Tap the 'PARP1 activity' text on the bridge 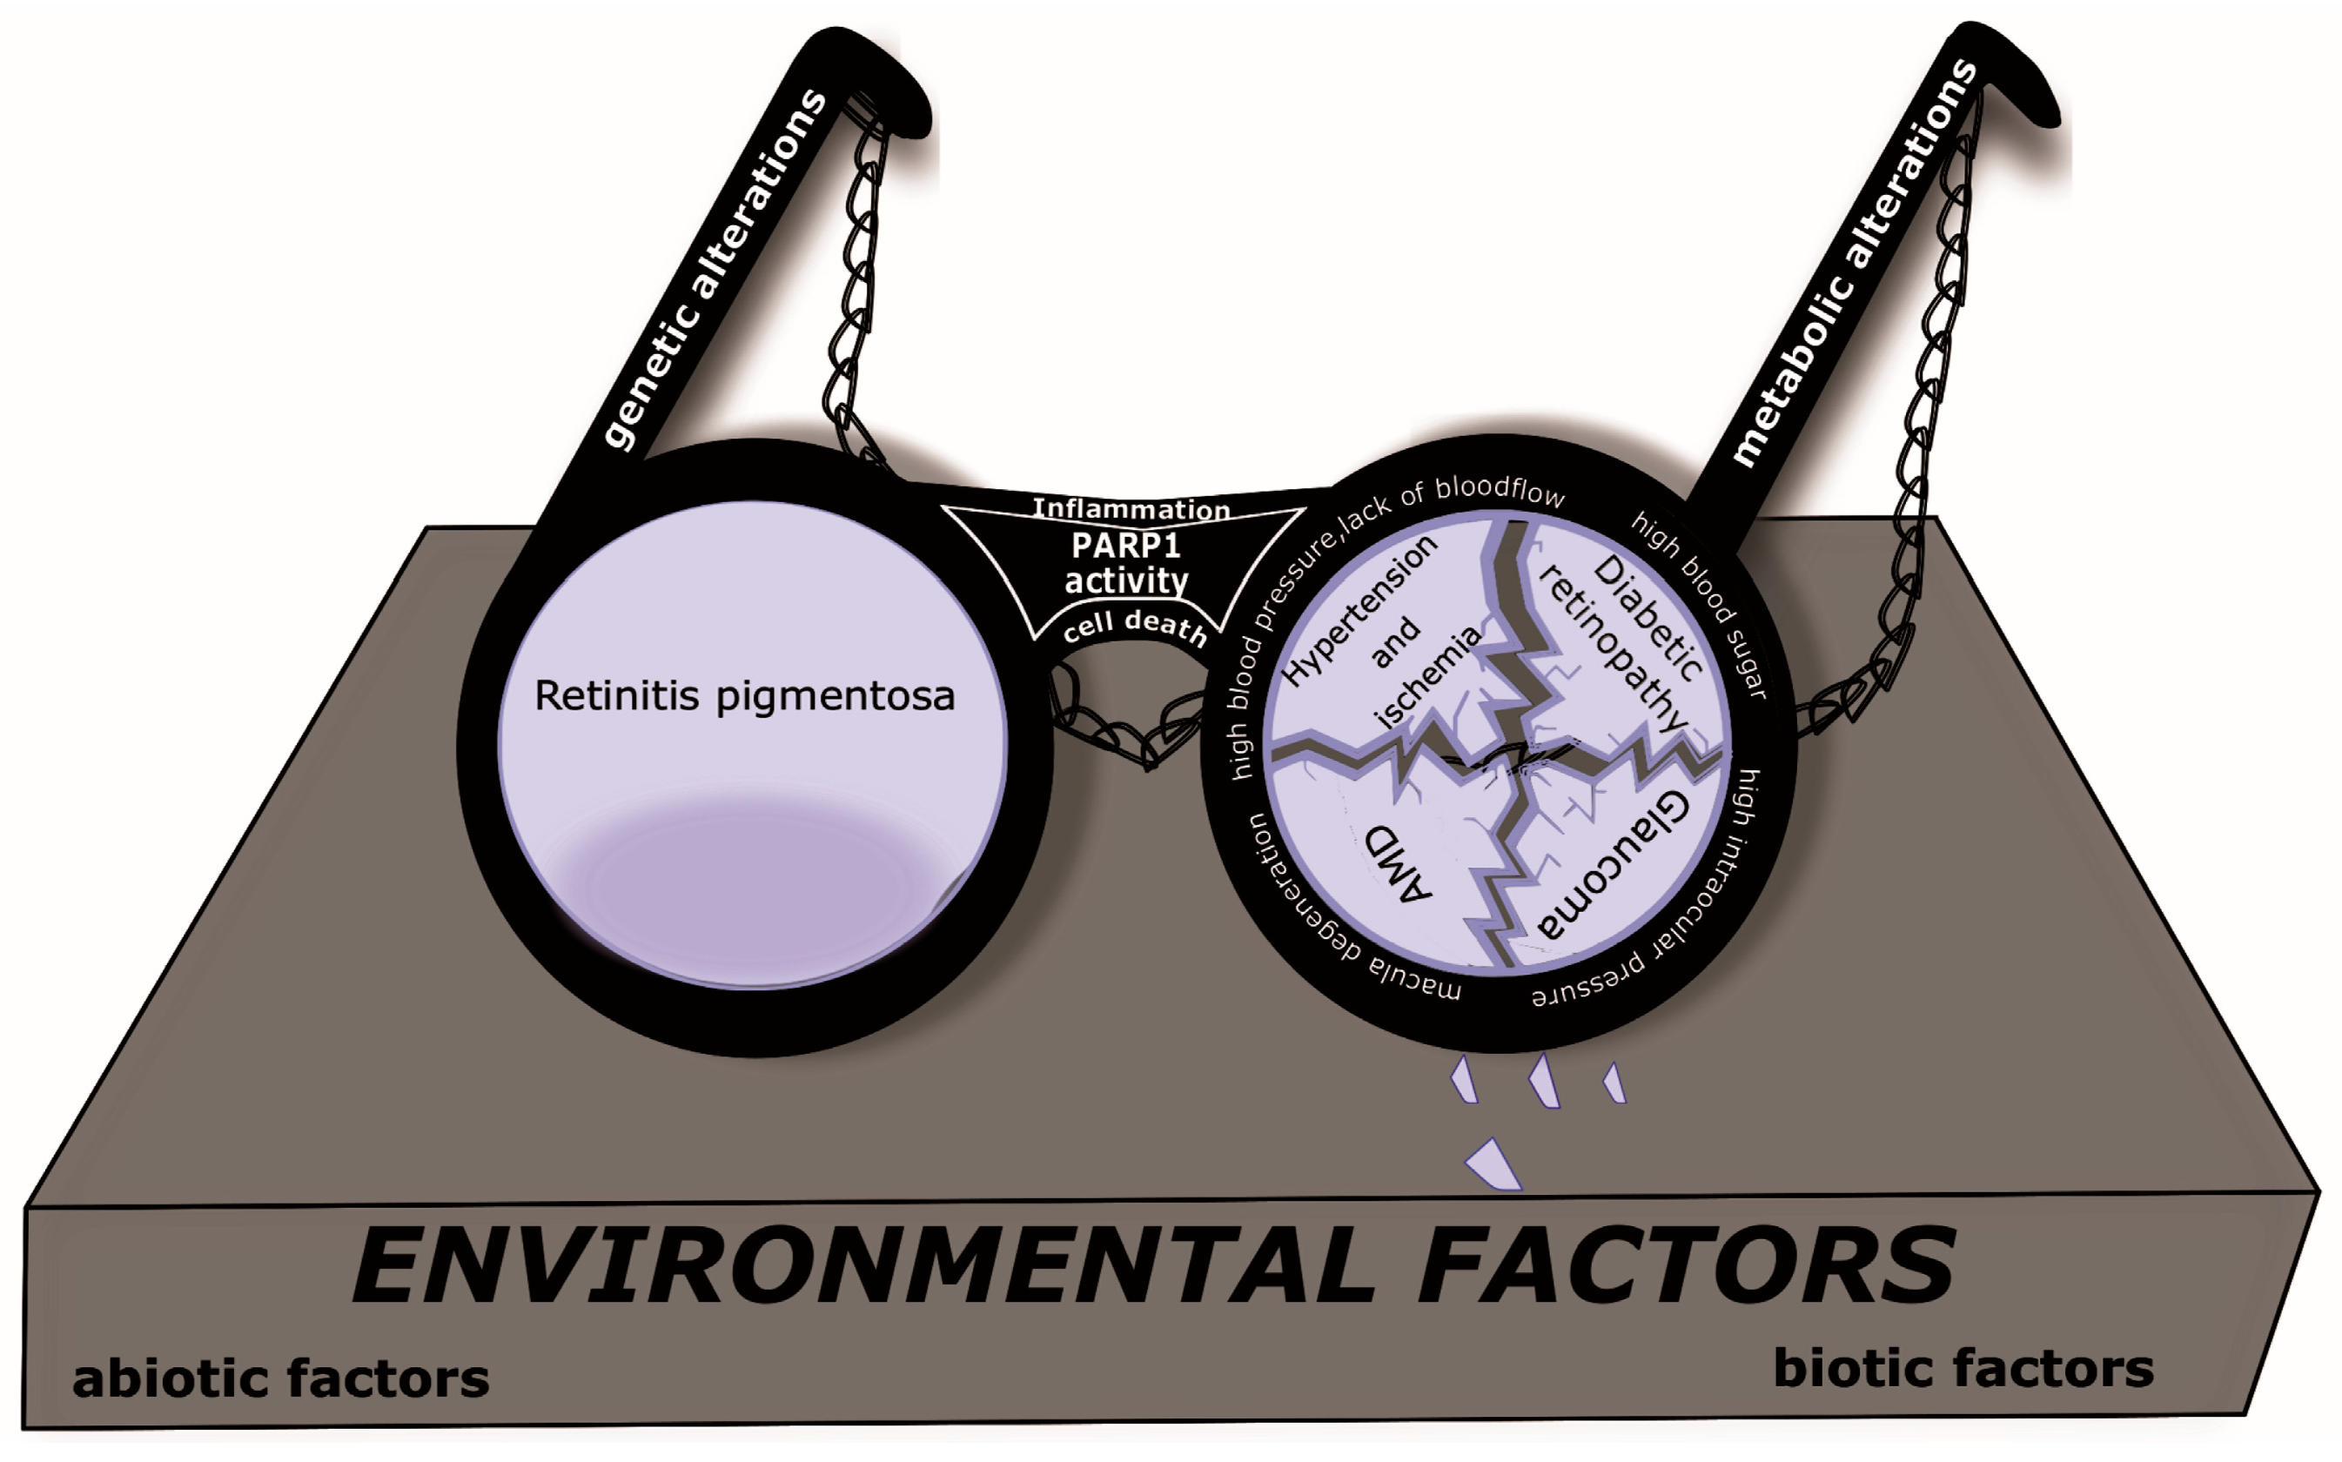click(1125, 563)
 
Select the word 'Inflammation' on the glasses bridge click(1131, 508)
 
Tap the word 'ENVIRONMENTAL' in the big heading click(862, 1267)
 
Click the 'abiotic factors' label click(280, 1378)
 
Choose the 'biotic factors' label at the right click(1963, 1369)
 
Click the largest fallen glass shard click(1494, 1165)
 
